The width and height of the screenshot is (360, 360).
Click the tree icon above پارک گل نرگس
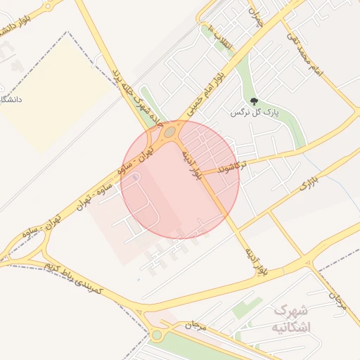(x=254, y=101)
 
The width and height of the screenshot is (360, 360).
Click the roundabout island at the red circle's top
(x=169, y=131)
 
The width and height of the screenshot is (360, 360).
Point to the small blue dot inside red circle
(x=134, y=178)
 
